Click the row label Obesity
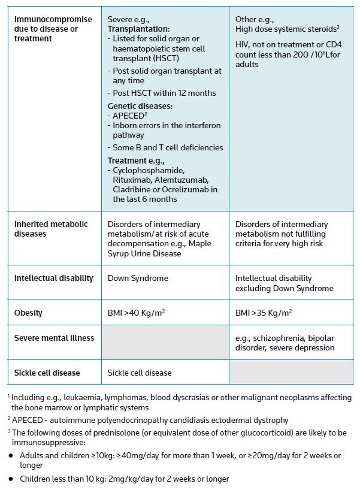(28, 313)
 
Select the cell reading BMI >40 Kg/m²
(137, 313)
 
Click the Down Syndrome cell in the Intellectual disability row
(137, 278)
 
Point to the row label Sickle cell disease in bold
(47, 373)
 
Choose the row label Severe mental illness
(54, 338)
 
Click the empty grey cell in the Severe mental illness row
(165, 343)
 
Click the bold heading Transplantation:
(138, 28)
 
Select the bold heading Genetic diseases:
(140, 106)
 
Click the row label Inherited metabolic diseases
(51, 229)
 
